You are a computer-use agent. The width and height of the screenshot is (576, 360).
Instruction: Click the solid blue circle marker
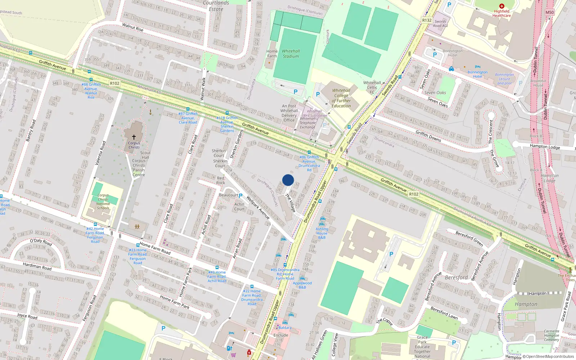[x=288, y=180]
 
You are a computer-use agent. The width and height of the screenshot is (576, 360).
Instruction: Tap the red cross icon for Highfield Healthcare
[x=501, y=6]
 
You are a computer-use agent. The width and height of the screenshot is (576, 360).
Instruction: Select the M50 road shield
[x=549, y=12]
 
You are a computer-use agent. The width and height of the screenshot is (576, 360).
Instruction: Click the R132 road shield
[x=427, y=21]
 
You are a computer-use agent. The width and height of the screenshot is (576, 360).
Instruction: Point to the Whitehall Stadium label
[x=291, y=54]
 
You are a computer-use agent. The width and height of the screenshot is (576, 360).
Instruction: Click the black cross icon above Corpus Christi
[x=134, y=137]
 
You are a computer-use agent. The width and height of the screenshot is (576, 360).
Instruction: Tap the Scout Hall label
[x=145, y=155]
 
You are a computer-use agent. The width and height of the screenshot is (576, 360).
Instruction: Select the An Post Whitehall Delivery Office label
[x=289, y=113]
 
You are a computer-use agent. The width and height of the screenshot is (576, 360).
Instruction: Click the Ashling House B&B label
[x=322, y=233]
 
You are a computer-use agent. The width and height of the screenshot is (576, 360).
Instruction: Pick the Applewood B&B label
[x=302, y=285]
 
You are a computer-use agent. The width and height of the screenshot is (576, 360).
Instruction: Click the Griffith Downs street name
[x=428, y=136]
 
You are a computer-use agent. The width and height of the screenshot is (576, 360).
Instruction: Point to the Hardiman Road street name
[x=37, y=266]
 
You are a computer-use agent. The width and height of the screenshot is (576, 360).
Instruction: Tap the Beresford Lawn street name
[x=444, y=313]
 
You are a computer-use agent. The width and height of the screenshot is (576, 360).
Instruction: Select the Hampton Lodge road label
[x=545, y=147]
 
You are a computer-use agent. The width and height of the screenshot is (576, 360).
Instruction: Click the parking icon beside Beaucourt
[x=240, y=196]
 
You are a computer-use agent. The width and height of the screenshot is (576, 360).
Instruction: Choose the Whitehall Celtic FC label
[x=372, y=87]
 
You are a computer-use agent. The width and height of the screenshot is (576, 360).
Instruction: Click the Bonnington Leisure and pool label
[x=504, y=79]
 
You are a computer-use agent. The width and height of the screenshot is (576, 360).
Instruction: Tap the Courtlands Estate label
[x=216, y=6]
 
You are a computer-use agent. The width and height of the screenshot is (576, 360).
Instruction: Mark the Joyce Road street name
[x=27, y=316]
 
